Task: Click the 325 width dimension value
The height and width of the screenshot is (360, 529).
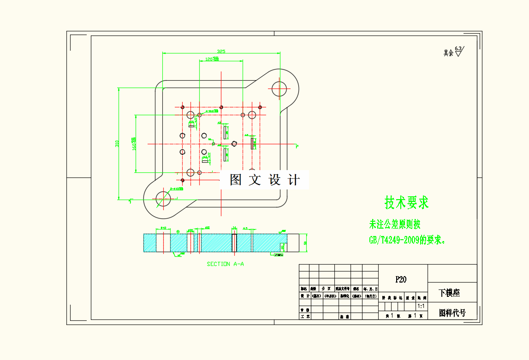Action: pos(221,52)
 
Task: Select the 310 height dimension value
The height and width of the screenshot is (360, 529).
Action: pos(117,143)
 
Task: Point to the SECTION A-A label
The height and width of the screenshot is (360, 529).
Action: pos(225,264)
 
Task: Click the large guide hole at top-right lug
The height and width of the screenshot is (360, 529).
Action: pos(279,88)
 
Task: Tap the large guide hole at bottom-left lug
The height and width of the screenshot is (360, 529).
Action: pos(163,199)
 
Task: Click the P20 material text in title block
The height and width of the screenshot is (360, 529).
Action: pos(401,279)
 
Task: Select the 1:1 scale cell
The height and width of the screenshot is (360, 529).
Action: pos(421,306)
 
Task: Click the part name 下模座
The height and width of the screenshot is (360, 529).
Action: pos(449,293)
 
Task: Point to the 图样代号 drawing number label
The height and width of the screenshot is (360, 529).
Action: pos(452,313)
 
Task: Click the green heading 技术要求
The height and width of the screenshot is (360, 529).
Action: pos(407,202)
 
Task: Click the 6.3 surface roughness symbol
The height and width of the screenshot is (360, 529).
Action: pos(458,51)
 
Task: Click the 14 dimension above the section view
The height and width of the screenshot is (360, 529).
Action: pos(234,228)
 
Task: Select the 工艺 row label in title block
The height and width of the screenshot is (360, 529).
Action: pos(305,317)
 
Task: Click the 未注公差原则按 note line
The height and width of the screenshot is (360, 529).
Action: pos(395,224)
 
